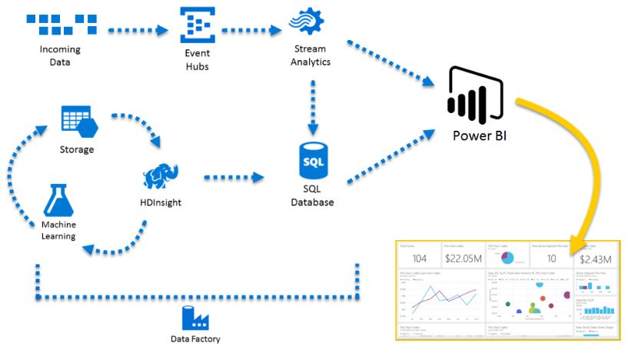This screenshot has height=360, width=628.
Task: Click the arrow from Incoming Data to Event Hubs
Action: [x=138, y=32]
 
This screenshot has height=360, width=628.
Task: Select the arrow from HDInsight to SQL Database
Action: [x=234, y=178]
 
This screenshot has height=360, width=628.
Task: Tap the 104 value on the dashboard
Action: [x=419, y=258]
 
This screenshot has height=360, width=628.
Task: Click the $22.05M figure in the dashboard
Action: [x=464, y=258]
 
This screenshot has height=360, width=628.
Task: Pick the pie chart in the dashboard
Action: [x=507, y=257]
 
